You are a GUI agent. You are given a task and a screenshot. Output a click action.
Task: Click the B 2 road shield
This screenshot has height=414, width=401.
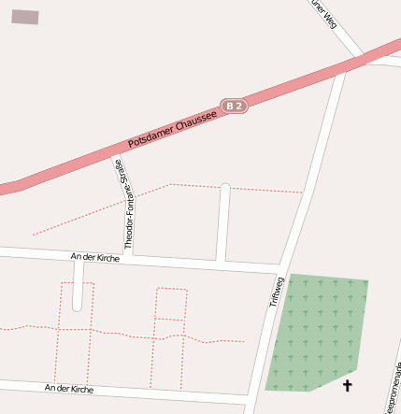click(x=234, y=107)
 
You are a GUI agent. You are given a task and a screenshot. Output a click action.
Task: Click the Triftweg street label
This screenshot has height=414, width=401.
click(x=276, y=291)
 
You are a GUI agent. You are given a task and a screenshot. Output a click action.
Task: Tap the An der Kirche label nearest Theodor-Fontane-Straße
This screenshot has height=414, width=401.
click(x=94, y=256)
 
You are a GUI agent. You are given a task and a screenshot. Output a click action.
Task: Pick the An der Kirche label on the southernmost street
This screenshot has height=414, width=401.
click(x=69, y=388)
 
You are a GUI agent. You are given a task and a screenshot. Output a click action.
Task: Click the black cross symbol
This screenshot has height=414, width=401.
click(x=348, y=385)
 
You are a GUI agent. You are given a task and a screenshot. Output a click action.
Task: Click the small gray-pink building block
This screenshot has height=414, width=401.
click(x=25, y=17)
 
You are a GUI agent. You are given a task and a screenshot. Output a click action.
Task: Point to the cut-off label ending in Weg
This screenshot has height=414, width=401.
click(x=323, y=13)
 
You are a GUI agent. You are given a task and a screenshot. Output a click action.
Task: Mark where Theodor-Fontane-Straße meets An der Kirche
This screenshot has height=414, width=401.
click(x=129, y=256)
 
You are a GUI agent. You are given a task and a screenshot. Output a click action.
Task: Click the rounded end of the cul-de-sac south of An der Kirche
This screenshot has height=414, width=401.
click(x=78, y=305)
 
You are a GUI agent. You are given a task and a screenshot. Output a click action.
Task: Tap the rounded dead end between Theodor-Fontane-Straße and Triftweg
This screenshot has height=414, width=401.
click(x=224, y=188)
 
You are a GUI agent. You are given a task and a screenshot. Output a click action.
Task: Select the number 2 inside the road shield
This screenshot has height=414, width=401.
click(x=239, y=106)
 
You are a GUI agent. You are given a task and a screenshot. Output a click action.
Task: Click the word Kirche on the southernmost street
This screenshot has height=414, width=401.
click(x=81, y=389)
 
